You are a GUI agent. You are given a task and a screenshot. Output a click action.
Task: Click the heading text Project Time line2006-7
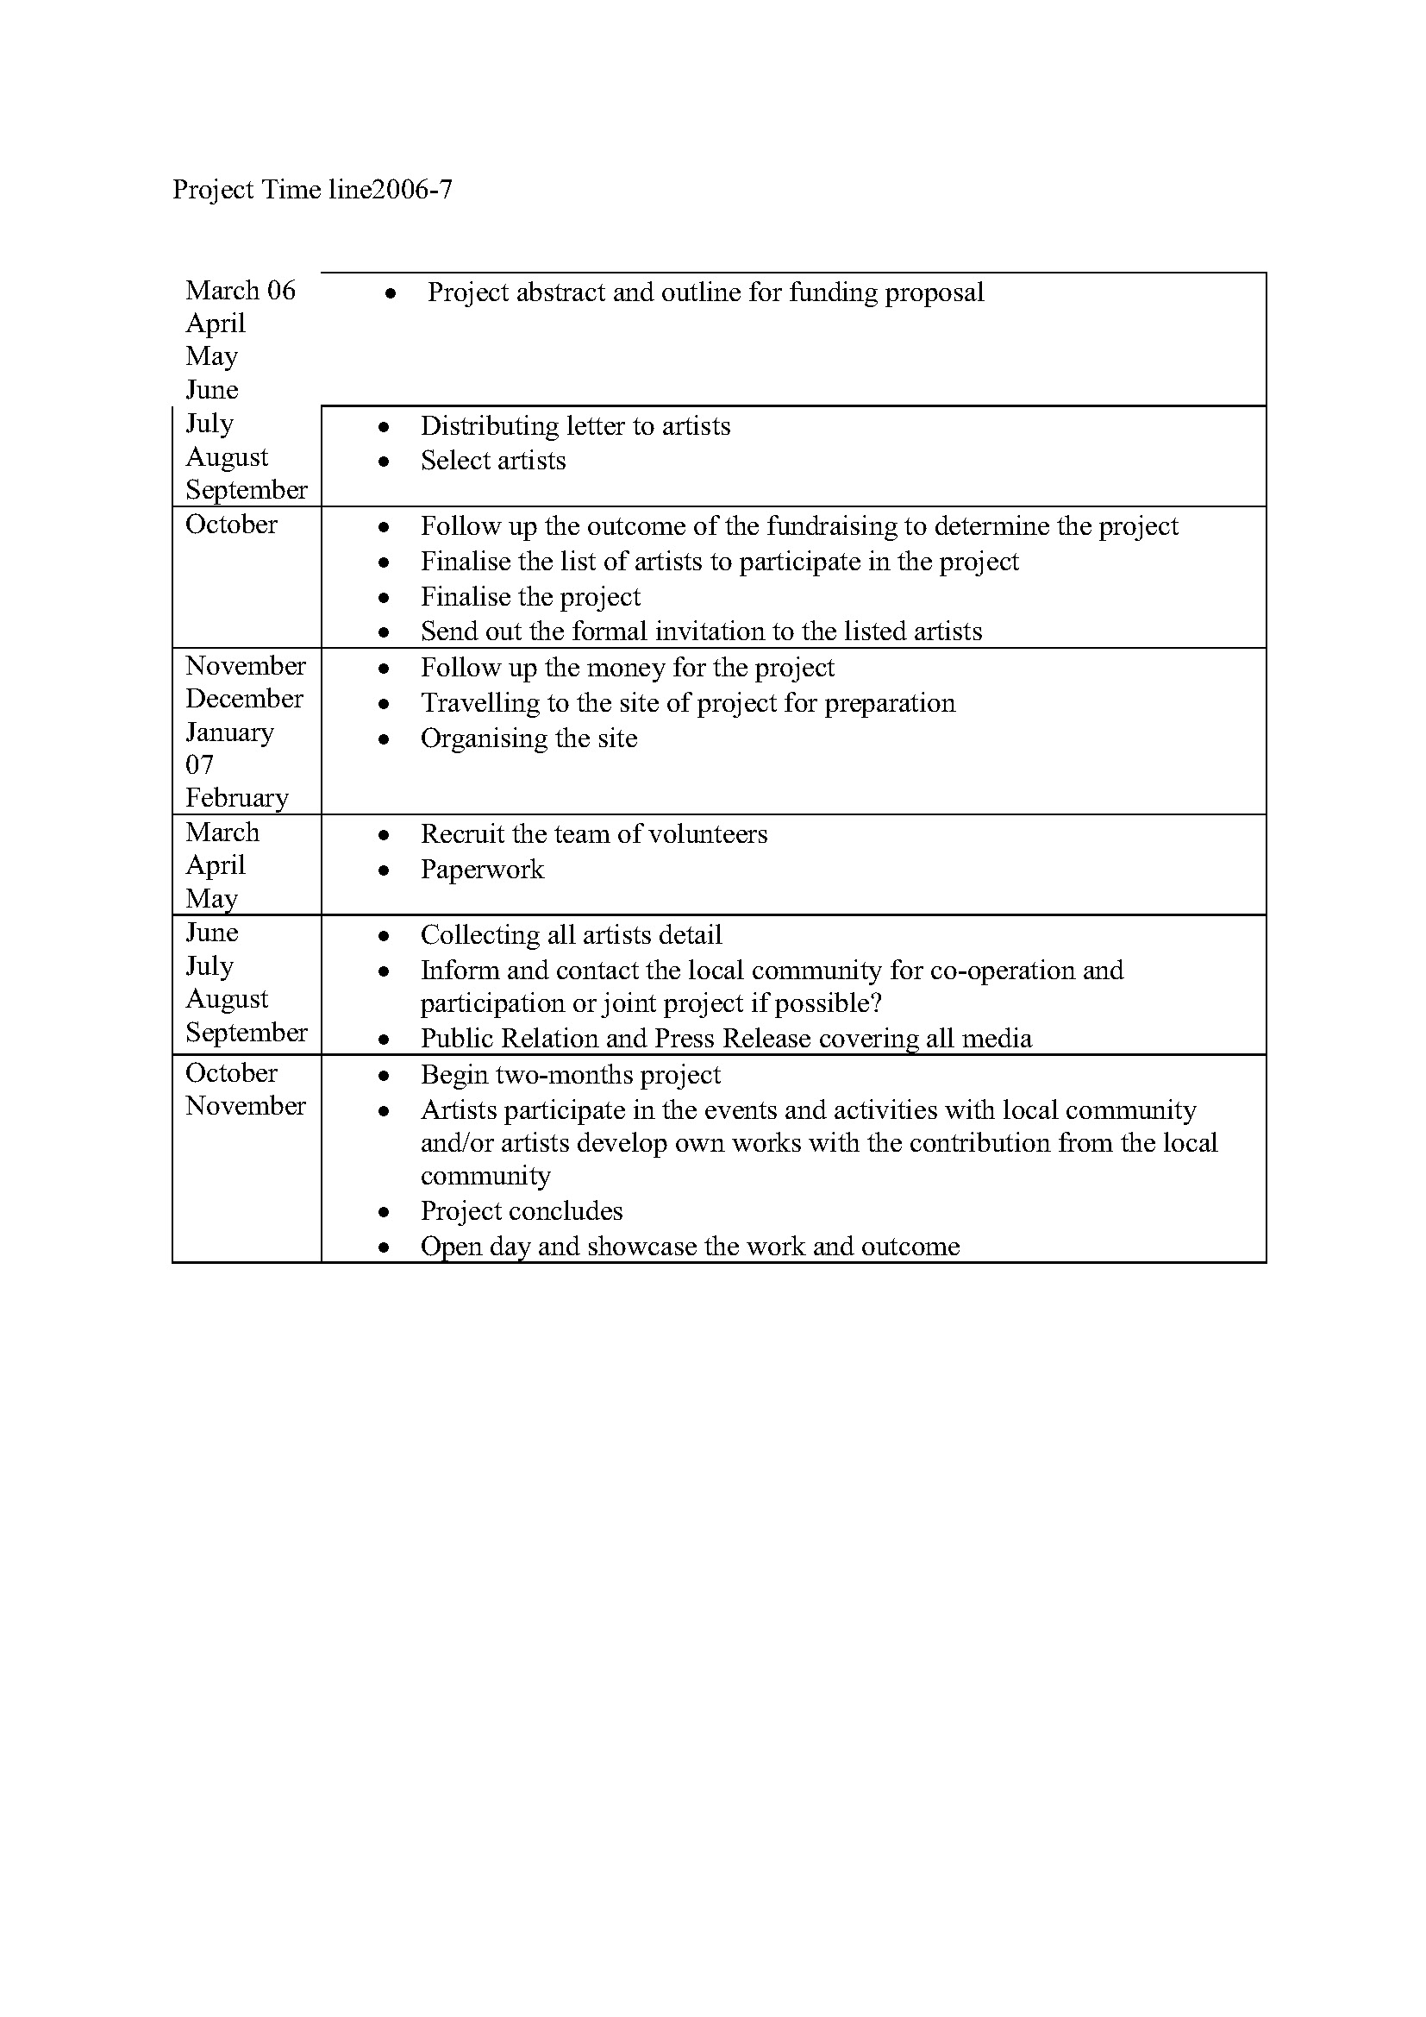click(x=312, y=190)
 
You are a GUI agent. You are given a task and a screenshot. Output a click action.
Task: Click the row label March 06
click(x=240, y=291)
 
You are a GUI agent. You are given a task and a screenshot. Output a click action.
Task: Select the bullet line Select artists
click(x=492, y=461)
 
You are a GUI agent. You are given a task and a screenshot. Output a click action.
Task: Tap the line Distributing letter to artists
click(x=575, y=426)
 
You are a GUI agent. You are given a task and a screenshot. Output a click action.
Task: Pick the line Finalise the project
click(x=530, y=597)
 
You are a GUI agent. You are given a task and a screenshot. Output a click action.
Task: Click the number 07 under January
click(x=199, y=765)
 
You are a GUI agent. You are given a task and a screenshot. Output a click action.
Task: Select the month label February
click(x=236, y=798)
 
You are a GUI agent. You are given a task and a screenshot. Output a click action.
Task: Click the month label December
click(x=244, y=700)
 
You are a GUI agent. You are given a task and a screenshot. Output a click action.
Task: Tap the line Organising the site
click(x=528, y=738)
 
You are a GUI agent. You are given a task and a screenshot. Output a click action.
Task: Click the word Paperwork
click(x=482, y=870)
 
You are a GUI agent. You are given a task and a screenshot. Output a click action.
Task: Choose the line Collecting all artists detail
click(x=571, y=935)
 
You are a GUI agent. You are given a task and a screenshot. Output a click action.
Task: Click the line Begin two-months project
click(x=570, y=1075)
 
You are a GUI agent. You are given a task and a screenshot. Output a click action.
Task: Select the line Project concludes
click(x=522, y=1211)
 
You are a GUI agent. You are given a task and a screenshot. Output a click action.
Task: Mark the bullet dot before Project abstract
click(x=391, y=293)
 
